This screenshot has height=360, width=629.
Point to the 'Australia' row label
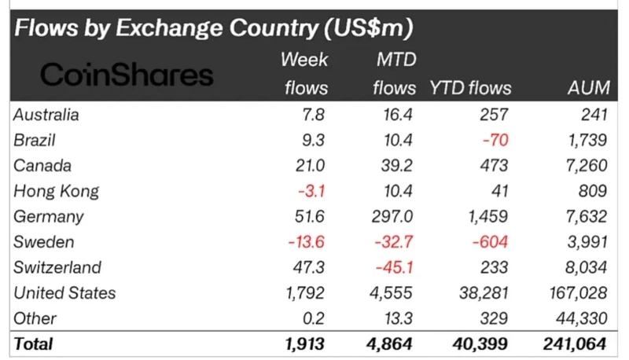pos(46,115)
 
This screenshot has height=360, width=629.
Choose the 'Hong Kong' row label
pos(56,191)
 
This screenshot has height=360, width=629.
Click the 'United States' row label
pos(65,293)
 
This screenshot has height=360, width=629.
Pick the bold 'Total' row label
pos(34,343)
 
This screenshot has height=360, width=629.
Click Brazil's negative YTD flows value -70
pos(496,141)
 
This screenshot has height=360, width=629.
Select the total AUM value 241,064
pos(574,343)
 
